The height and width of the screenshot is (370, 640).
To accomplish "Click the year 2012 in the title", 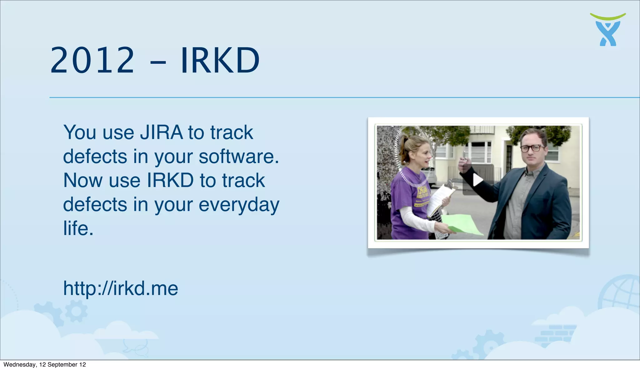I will (x=92, y=60).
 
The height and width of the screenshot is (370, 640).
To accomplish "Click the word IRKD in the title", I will (x=220, y=60).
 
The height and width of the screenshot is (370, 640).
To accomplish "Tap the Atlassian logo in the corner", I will (x=608, y=30).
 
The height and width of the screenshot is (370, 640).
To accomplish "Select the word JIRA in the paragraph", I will (x=161, y=132).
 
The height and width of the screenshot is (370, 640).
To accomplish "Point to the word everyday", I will (x=239, y=205).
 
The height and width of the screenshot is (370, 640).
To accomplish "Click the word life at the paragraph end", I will (x=77, y=228).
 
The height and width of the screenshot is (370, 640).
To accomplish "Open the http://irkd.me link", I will (x=121, y=288).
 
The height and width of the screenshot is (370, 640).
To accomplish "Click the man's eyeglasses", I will (x=532, y=148).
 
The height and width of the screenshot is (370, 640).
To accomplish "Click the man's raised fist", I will (x=464, y=164).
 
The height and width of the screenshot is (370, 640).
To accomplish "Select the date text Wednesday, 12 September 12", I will (x=45, y=365).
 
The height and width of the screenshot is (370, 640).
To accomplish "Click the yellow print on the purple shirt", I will (x=422, y=195).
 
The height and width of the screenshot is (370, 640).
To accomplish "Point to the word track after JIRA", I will (x=232, y=132).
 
